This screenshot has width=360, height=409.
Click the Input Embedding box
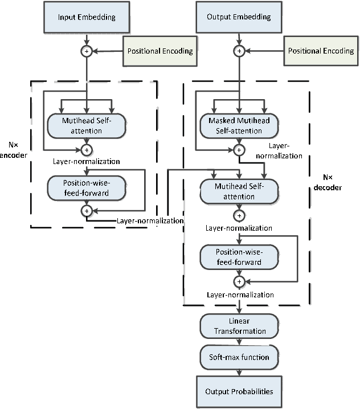pos(87,17)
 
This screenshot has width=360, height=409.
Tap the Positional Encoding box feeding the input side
pos(160,51)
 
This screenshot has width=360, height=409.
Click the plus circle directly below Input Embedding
pos(87,51)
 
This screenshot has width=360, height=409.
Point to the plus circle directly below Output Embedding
pos(239,51)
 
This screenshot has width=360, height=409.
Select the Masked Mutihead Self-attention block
pos(239,126)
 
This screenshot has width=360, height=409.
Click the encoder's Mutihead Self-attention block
pos(87,126)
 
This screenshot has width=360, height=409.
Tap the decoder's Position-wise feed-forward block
pos(239,257)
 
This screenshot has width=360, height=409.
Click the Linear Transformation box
pos(239,326)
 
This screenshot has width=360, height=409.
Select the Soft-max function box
pos(239,358)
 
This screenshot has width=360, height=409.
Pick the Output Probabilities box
pos(239,391)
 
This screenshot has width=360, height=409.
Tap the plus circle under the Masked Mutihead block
pos(239,150)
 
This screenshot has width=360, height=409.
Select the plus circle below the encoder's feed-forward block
pos(87,210)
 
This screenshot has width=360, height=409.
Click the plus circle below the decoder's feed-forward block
pos(239,281)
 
